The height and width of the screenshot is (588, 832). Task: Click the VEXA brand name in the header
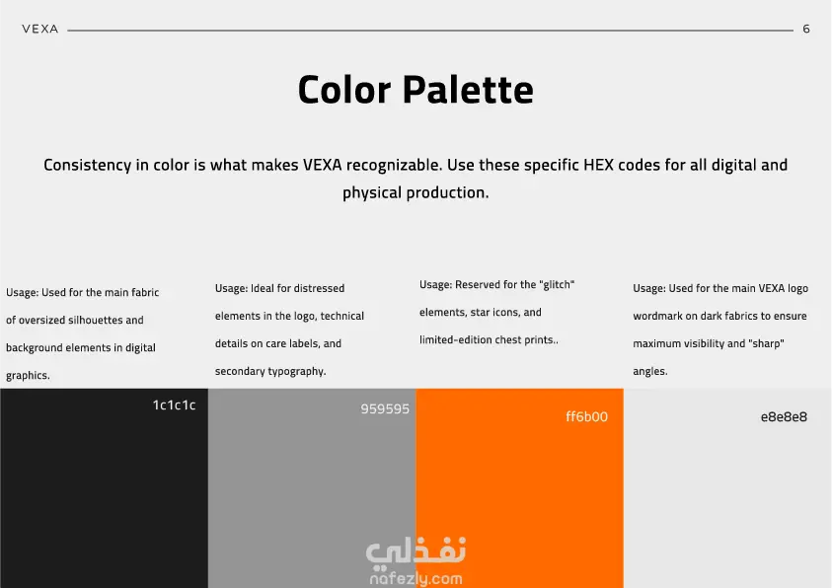pos(40,30)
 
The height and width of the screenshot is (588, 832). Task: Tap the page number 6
pos(806,30)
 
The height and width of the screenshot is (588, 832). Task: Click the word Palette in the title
pos(468,89)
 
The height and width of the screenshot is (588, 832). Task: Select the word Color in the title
pos(344,89)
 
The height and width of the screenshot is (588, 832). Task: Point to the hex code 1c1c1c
pos(174,405)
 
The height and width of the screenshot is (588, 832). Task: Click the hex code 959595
pos(385,408)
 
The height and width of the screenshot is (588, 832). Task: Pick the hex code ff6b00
pos(586,416)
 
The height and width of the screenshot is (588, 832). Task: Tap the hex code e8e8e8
pos(784,416)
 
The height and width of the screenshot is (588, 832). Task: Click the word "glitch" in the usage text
pos(557,284)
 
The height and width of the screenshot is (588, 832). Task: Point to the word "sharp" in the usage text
pos(766,343)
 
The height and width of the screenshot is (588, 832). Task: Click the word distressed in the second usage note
pos(319,288)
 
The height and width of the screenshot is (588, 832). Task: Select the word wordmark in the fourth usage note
pos(657,316)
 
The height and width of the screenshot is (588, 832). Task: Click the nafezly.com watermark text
pos(416,578)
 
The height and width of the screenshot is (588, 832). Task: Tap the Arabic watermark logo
pos(416,551)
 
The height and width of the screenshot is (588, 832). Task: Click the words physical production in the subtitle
pos(416,193)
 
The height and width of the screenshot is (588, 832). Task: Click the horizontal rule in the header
pos(430,31)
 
